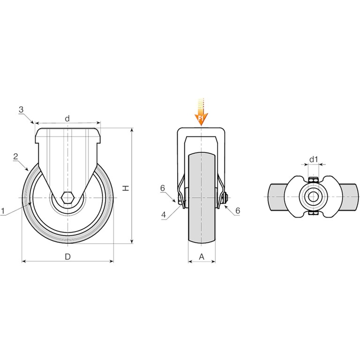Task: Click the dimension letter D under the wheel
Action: tap(67, 257)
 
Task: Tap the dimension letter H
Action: tap(126, 188)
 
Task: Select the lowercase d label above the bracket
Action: tap(67, 119)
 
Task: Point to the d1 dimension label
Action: tap(314, 159)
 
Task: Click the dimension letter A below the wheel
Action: tap(202, 257)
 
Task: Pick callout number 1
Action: tap(3, 211)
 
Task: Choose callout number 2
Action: tap(15, 157)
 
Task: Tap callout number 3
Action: tap(21, 110)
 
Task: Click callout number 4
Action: tap(164, 215)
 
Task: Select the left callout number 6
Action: tap(163, 188)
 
